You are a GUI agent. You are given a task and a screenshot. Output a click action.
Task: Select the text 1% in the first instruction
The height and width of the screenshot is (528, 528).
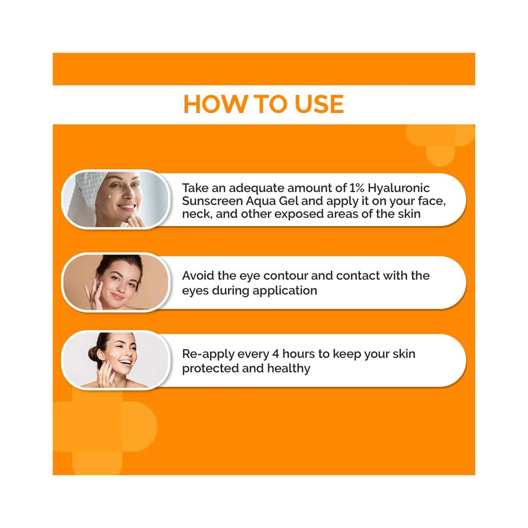pyautogui.click(x=357, y=188)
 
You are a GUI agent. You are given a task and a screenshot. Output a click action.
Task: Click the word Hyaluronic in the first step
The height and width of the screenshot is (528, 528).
pyautogui.click(x=399, y=188)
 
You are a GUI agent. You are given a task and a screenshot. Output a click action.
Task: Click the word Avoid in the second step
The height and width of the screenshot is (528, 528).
pyautogui.click(x=198, y=276)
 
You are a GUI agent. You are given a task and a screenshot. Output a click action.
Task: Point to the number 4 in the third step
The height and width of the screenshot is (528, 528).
pyautogui.click(x=276, y=354)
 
